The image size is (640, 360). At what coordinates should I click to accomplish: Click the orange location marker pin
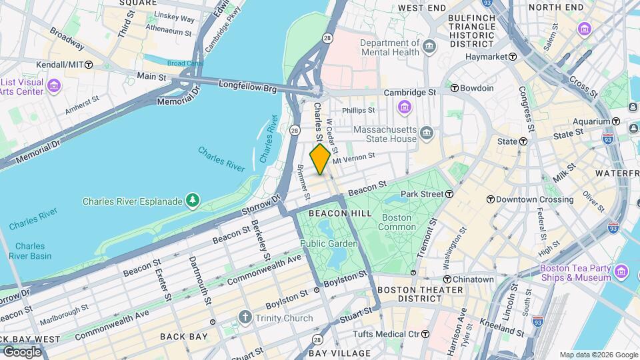320,159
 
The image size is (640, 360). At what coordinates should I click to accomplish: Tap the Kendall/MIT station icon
89,65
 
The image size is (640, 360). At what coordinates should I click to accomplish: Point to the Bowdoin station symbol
454,88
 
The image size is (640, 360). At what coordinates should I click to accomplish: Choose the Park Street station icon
449,194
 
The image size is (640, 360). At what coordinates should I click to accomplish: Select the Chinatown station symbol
447,279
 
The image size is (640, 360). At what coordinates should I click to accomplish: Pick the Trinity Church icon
245,317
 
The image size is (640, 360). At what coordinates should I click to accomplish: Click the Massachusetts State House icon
427,134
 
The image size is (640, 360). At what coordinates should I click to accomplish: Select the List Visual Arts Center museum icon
54,86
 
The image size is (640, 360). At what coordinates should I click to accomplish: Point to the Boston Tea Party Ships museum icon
622,271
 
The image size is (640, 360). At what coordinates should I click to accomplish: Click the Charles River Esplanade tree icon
193,200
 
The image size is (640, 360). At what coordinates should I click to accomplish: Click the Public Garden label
329,243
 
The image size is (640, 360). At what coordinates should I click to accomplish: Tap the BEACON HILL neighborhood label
339,213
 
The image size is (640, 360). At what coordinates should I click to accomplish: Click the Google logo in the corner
22,351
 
